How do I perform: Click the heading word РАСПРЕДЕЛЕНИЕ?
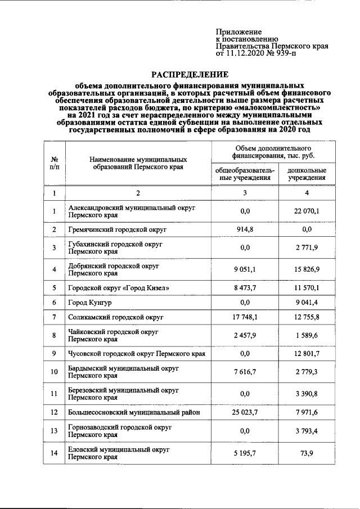[x=188, y=74]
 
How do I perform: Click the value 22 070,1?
[x=307, y=211]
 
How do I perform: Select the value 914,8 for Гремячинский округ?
[x=245, y=229]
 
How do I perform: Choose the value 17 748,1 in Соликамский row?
[x=245, y=318]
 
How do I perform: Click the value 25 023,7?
[x=245, y=413]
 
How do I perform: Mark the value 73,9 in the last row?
[x=307, y=453]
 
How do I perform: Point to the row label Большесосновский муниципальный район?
[x=134, y=413]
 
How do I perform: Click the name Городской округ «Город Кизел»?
[x=118, y=288]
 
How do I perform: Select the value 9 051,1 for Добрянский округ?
[x=245, y=269]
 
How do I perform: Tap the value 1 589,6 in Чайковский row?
[x=307, y=336]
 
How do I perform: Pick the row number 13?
[x=55, y=432]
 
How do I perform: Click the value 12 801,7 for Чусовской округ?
[x=307, y=354]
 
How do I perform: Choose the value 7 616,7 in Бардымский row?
[x=245, y=372]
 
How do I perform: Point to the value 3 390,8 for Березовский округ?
[x=307, y=394]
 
